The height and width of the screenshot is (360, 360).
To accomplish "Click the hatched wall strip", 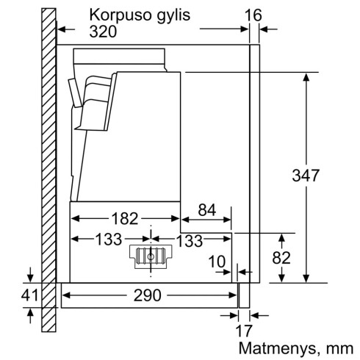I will coord(48,169).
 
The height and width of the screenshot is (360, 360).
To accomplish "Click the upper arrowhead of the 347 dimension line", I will coord(306,76).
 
